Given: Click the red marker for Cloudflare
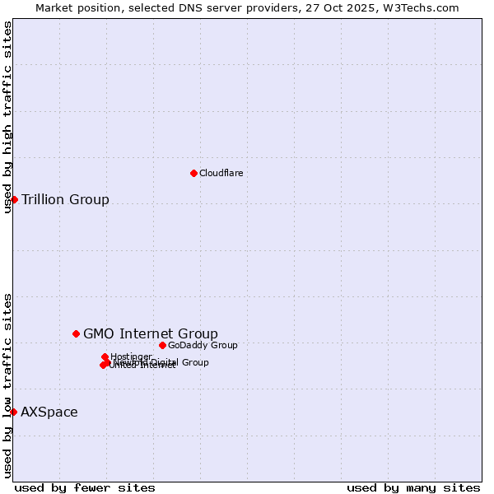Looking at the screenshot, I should [193, 173].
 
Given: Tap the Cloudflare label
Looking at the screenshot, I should [221, 173].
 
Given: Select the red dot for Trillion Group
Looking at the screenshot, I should [14, 199].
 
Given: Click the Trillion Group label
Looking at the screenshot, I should [65, 199].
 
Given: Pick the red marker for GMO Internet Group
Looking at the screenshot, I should [76, 333].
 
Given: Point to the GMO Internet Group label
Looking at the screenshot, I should [151, 333].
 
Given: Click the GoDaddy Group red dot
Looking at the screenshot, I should [162, 345].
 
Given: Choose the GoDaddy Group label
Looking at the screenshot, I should [203, 345].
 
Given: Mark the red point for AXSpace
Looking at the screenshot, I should [13, 412].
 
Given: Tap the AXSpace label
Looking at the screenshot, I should [49, 412].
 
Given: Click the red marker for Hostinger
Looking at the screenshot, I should [105, 357].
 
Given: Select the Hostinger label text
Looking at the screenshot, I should [131, 357].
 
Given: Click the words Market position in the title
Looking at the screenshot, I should [73, 7].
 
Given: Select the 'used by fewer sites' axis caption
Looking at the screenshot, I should [85, 487].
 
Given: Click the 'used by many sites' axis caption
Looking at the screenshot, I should [413, 487].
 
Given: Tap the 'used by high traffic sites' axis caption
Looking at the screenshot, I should [7, 117].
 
